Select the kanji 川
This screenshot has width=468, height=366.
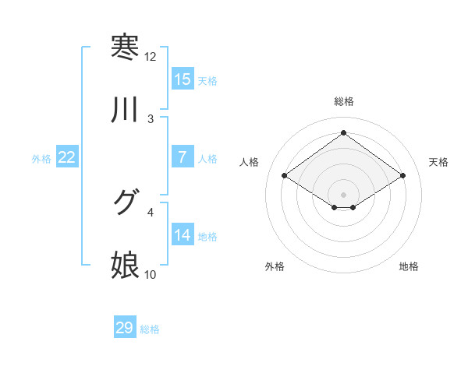click(x=125, y=111)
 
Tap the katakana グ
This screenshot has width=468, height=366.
click(x=125, y=202)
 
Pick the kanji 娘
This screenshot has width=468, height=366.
click(x=125, y=266)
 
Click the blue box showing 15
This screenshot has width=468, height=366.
click(x=182, y=79)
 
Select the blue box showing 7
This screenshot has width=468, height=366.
click(x=182, y=157)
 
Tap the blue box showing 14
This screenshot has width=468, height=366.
click(x=182, y=235)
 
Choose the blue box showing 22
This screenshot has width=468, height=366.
click(x=66, y=157)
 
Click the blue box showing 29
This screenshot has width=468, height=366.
click(x=124, y=328)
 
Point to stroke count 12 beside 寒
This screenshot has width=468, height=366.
click(x=150, y=57)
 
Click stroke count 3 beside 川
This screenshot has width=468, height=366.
click(x=151, y=119)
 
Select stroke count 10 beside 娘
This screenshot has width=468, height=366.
click(x=150, y=274)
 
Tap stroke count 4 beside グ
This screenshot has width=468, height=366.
click(x=151, y=211)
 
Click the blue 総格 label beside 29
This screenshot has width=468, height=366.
click(x=150, y=329)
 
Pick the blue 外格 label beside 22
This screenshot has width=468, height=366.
click(x=41, y=159)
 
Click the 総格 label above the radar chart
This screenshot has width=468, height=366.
click(x=343, y=101)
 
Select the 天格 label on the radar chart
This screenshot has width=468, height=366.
click(x=439, y=162)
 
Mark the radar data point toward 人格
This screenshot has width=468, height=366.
click(x=285, y=176)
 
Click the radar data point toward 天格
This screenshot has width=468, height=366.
click(x=402, y=176)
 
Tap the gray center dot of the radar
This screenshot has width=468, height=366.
click(x=343, y=194)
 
